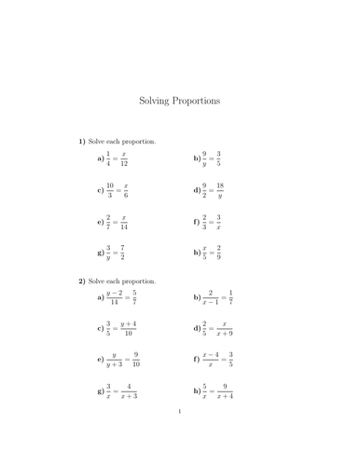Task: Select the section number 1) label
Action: point(82,142)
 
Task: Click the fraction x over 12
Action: point(125,159)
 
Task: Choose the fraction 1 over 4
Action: point(107,159)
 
